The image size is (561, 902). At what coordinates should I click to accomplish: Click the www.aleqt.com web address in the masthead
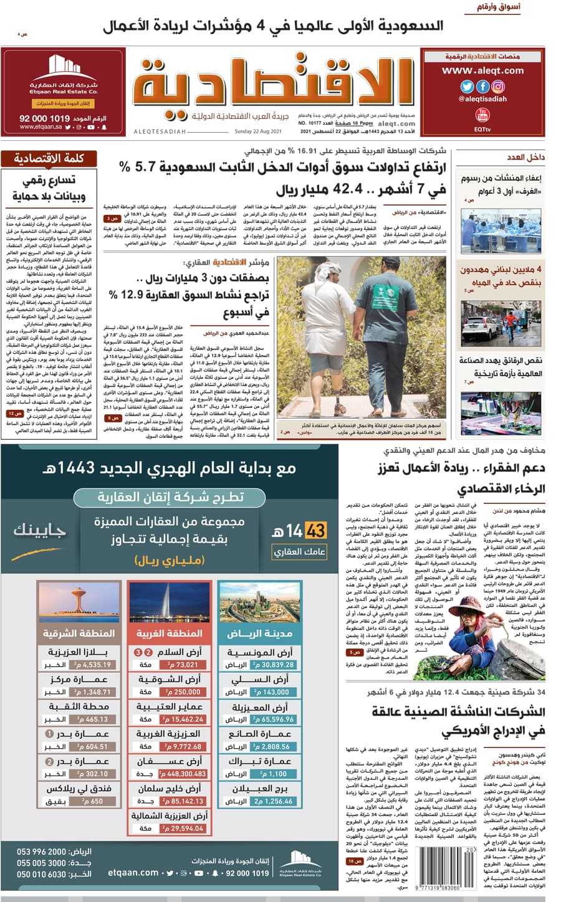click(x=483, y=71)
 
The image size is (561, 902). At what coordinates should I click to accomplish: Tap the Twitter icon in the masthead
click(x=467, y=87)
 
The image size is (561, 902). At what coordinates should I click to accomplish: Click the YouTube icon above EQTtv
click(x=482, y=115)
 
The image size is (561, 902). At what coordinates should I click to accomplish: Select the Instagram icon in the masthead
click(x=498, y=87)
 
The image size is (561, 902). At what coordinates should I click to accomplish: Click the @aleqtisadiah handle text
click(x=482, y=99)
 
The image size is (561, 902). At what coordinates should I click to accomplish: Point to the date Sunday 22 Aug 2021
click(x=258, y=131)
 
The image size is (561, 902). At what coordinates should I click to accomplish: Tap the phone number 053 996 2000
click(x=41, y=852)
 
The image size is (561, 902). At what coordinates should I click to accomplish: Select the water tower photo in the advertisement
click(x=79, y=602)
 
